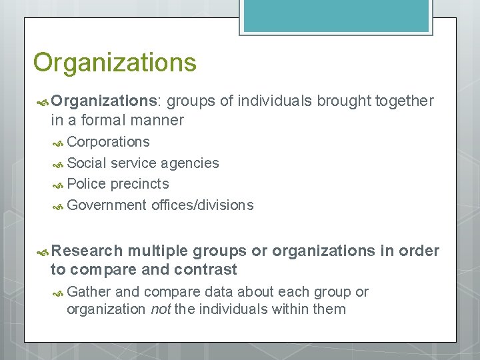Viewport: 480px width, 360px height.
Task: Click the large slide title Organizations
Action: point(115,63)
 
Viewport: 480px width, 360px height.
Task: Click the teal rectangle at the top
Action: point(336,16)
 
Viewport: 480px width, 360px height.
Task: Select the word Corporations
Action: point(109,142)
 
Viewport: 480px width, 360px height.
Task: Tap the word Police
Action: point(87,184)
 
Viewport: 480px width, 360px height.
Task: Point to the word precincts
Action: point(140,184)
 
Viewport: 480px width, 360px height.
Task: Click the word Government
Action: point(107,205)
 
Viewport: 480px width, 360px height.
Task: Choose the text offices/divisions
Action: point(203,205)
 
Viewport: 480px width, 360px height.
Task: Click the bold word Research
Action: point(87,251)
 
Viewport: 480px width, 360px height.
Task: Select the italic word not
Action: point(161,309)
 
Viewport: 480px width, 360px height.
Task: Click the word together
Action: point(405,101)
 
